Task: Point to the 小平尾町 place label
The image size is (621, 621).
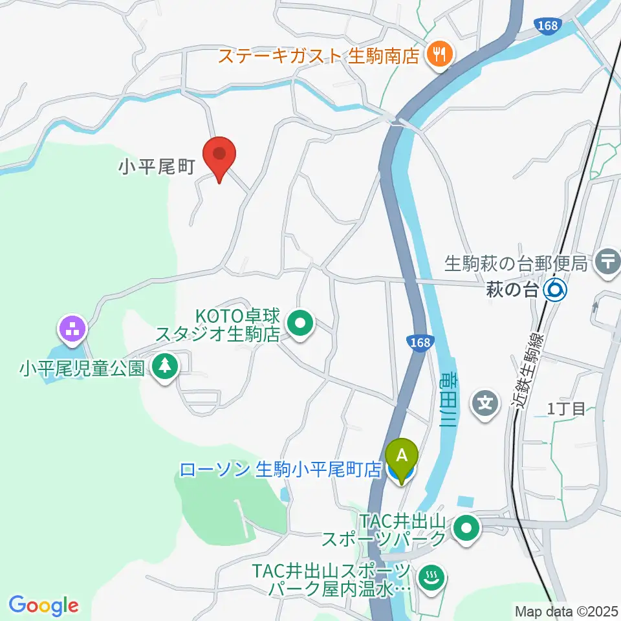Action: [156, 168]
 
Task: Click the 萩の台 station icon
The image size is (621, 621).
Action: [555, 290]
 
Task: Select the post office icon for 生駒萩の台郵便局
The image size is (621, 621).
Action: [608, 262]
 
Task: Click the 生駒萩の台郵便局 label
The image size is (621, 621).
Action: [516, 263]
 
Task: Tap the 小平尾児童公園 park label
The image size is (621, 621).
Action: [81, 369]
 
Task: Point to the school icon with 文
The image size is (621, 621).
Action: [486, 405]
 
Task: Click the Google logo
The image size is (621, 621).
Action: [43, 605]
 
